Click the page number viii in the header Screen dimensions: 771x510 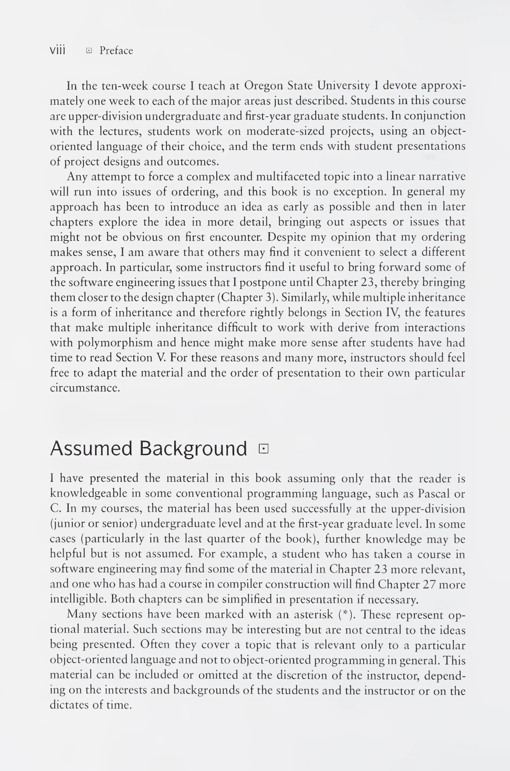tap(58, 50)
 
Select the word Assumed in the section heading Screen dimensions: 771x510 tap(91, 449)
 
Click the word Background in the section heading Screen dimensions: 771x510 tap(193, 449)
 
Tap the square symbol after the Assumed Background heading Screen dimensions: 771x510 tap(263, 449)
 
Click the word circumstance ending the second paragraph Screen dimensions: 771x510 tap(85, 388)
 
